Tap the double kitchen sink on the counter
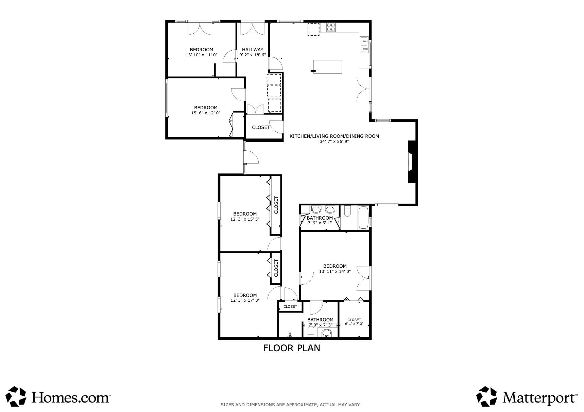364,45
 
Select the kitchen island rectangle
328,67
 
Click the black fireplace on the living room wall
412,162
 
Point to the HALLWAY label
253,50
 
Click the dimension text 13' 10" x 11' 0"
202,55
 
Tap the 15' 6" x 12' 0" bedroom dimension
206,113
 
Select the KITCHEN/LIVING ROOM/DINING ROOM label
334,136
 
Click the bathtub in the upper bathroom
363,218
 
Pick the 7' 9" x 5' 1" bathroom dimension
320,223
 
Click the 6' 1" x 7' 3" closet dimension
354,324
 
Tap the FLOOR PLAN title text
292,348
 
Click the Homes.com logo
58,396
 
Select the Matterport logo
527,396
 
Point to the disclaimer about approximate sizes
291,405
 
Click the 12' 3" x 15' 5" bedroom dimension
245,219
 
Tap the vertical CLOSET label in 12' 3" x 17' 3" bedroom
276,268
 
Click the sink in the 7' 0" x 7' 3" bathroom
327,333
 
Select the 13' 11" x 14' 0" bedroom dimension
335,271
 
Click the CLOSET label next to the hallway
261,127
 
